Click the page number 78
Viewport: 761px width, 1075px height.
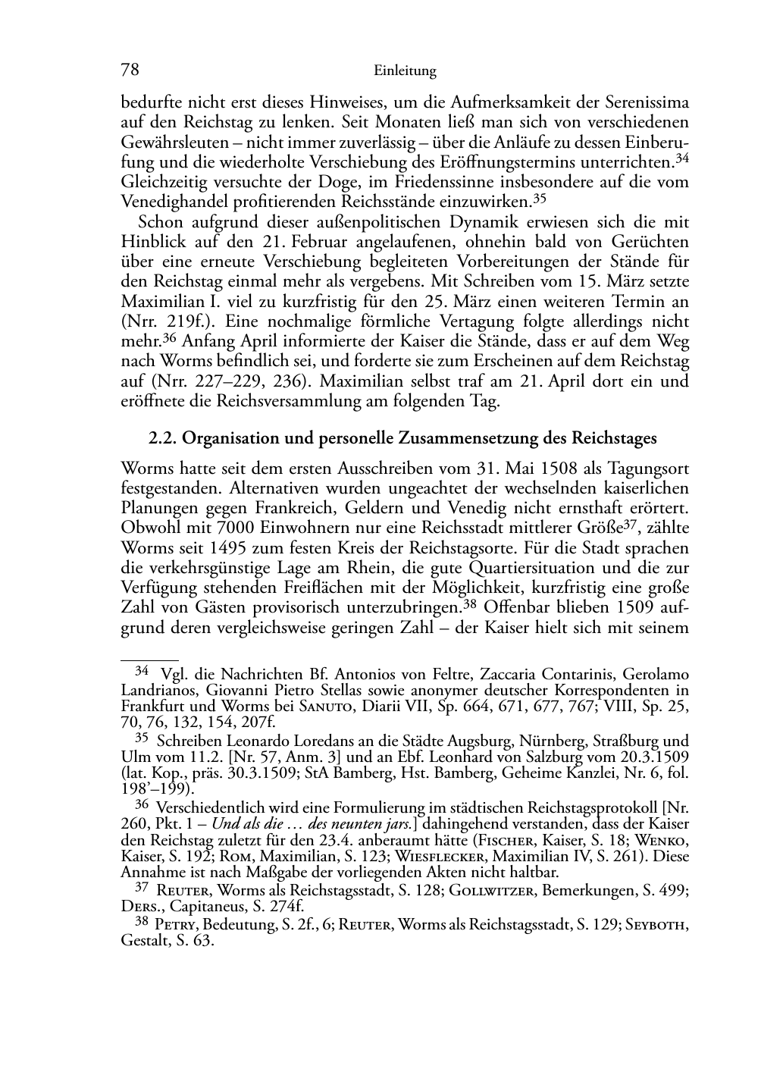(x=130, y=71)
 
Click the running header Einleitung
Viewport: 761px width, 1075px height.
(x=405, y=71)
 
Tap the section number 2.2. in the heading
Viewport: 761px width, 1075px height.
(x=162, y=438)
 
